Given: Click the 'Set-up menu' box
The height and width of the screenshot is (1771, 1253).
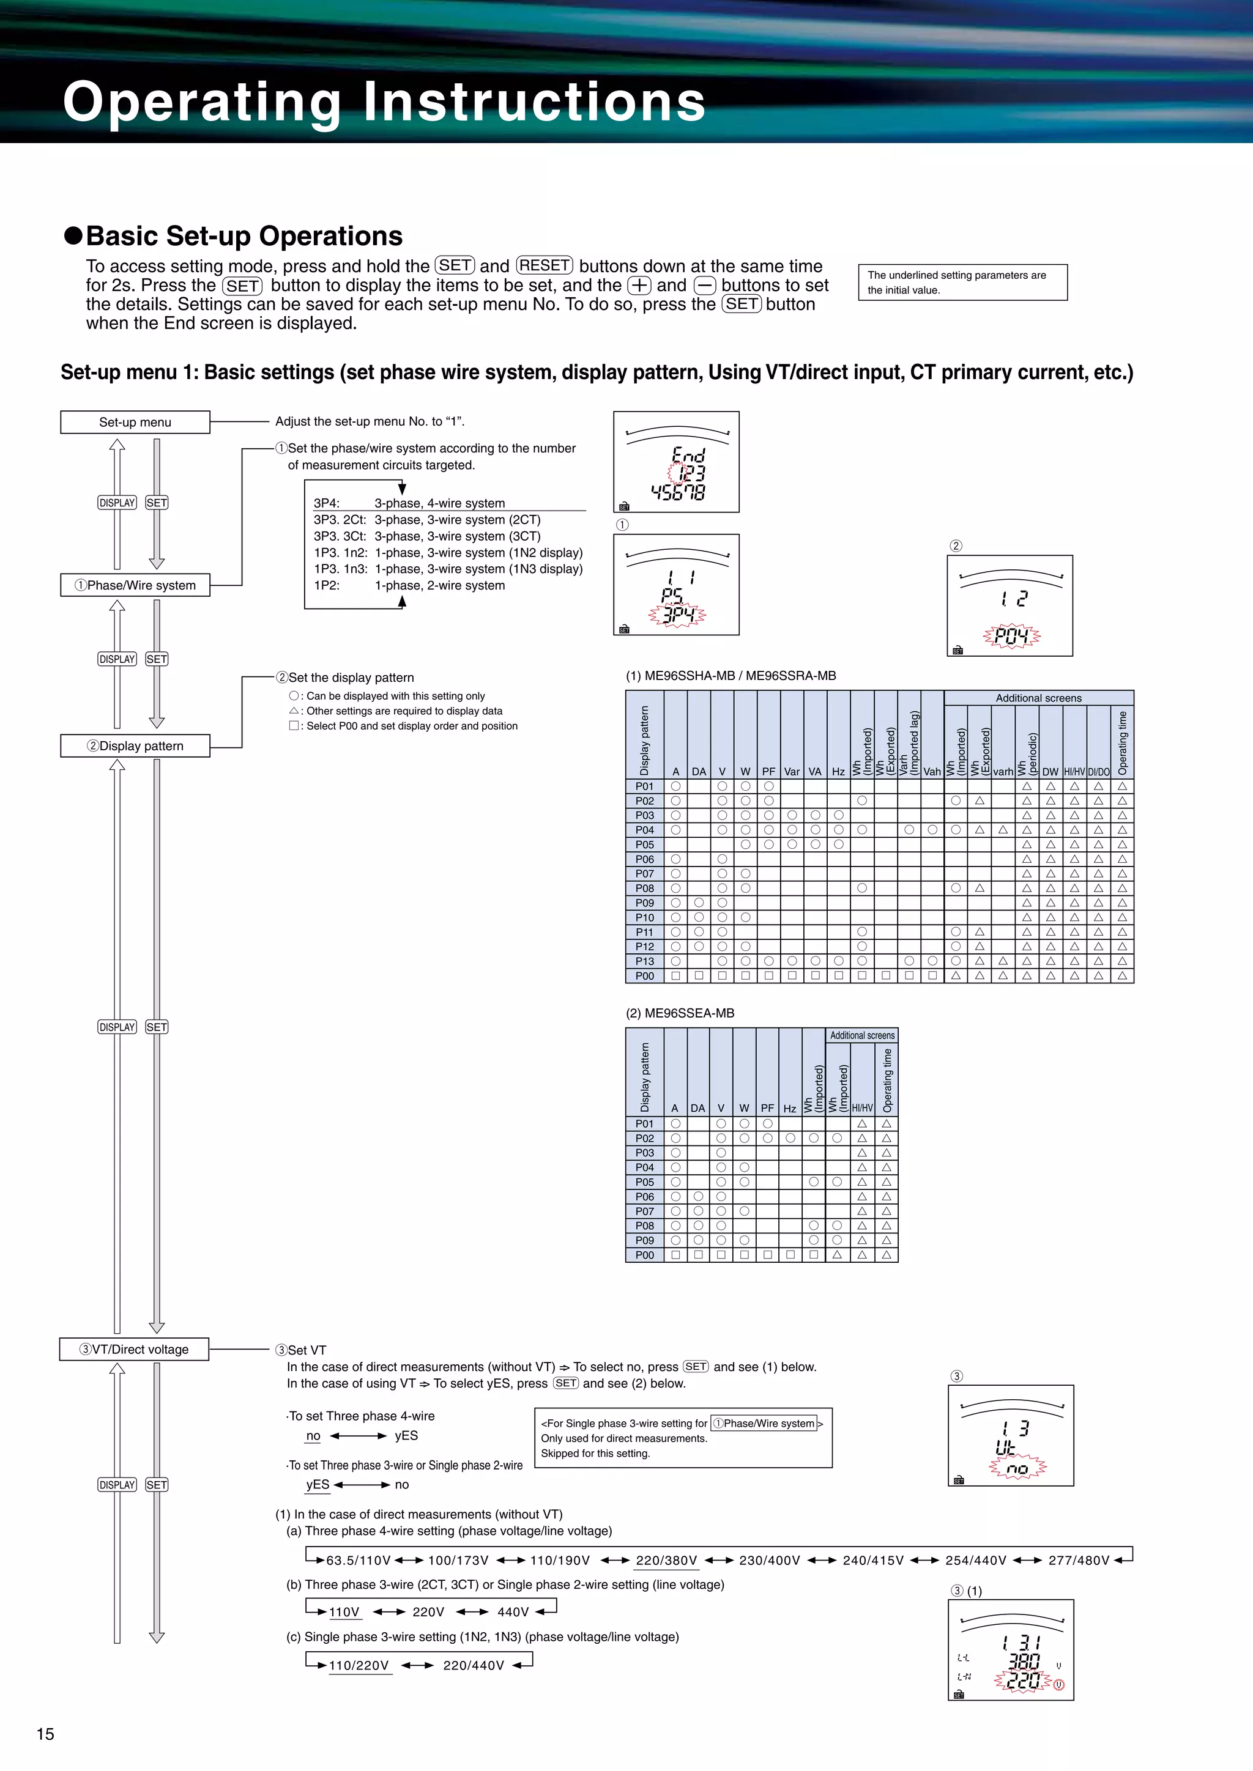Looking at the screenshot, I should tap(135, 422).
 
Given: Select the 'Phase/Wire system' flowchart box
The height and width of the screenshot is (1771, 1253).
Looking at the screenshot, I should tap(135, 585).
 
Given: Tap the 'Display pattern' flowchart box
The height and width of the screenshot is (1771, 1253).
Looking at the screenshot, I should tap(135, 746).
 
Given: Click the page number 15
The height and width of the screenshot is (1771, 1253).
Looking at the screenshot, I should tap(45, 1734).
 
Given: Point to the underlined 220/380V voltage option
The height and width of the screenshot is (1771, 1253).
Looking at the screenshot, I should tap(666, 1561).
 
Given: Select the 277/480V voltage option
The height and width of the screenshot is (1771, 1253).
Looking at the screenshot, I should tap(1078, 1561).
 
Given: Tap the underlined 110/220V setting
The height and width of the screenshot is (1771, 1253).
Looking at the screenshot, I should tap(359, 1665).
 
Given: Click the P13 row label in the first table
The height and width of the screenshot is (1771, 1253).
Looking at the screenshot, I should tap(644, 961).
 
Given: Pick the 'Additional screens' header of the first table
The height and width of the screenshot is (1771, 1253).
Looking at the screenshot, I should tap(1038, 698).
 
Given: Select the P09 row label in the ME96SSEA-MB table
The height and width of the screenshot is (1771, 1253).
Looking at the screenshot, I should tap(644, 1240).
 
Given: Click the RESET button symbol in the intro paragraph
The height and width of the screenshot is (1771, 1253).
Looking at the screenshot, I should tap(545, 265).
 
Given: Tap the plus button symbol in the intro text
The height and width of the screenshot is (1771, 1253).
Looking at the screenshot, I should tap(639, 286).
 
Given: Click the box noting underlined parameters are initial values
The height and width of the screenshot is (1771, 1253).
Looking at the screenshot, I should tap(962, 283).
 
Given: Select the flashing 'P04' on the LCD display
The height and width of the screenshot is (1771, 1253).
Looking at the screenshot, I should tap(1011, 637).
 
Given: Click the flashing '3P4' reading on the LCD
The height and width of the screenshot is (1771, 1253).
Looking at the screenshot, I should tap(677, 615).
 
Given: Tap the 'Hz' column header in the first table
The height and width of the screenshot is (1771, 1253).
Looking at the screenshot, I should tap(838, 771).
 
